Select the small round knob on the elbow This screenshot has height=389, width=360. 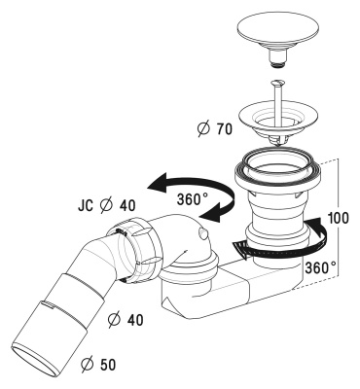[198, 235]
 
